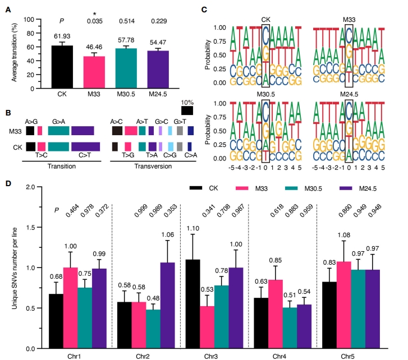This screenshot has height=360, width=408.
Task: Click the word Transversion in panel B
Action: click(x=148, y=166)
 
